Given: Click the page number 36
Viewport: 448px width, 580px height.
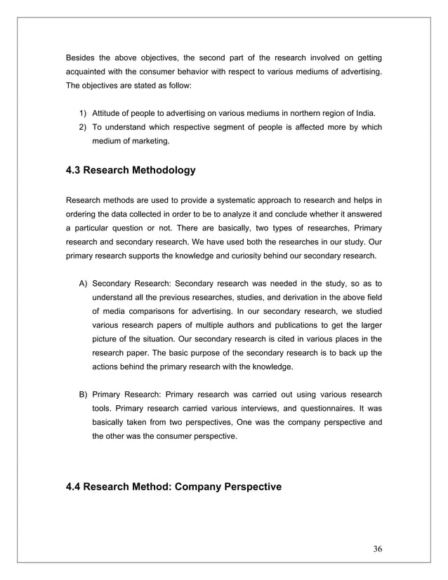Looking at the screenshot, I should coord(377,548).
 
